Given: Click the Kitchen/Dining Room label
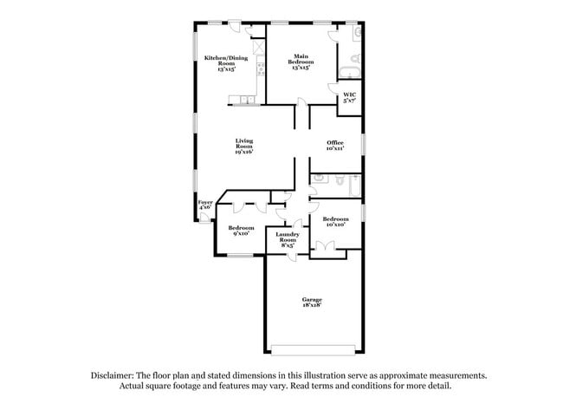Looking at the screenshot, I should (x=227, y=62).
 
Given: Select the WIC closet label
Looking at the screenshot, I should (x=349, y=98).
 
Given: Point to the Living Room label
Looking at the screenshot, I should (x=244, y=146).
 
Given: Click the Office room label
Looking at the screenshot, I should (x=335, y=145).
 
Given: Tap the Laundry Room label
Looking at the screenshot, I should (x=287, y=240).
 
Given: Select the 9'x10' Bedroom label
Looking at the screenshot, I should (x=241, y=230).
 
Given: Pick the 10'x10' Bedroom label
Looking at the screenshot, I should (x=335, y=222).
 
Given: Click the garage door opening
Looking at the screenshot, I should (x=313, y=349).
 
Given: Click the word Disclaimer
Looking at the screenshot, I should (x=113, y=375).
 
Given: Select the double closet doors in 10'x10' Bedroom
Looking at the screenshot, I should (x=323, y=250).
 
